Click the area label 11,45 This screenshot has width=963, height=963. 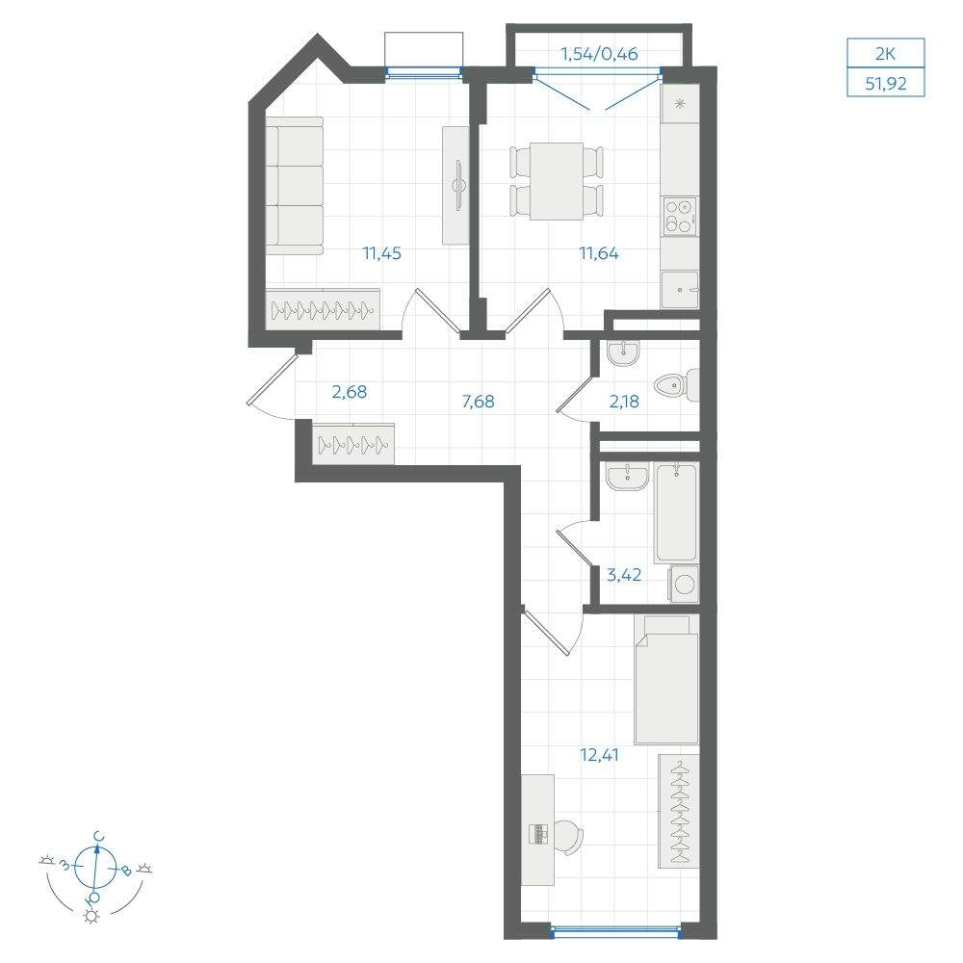pyautogui.click(x=381, y=253)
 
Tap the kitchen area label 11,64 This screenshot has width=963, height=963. pyautogui.click(x=599, y=253)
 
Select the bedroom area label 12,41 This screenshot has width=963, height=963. pyautogui.click(x=599, y=755)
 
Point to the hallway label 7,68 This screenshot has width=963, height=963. pyautogui.click(x=478, y=402)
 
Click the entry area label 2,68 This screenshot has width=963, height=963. pyautogui.click(x=350, y=392)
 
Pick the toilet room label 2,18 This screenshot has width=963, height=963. pyautogui.click(x=624, y=402)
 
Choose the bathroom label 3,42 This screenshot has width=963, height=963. pyautogui.click(x=624, y=575)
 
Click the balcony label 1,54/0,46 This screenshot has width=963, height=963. pyautogui.click(x=599, y=54)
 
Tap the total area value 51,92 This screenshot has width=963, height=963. pyautogui.click(x=886, y=84)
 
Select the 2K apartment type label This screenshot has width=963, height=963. pyautogui.click(x=886, y=54)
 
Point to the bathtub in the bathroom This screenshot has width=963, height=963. pyautogui.click(x=676, y=513)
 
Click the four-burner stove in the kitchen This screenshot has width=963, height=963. pyautogui.click(x=680, y=216)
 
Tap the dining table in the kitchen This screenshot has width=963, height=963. pyautogui.click(x=557, y=181)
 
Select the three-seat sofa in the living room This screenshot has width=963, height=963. pyautogui.click(x=294, y=186)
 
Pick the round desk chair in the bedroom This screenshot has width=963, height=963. pyautogui.click(x=567, y=837)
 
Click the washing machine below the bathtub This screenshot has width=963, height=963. pyautogui.click(x=684, y=584)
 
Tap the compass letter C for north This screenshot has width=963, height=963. pyautogui.click(x=98, y=837)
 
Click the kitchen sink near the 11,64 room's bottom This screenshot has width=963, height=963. pyautogui.click(x=680, y=289)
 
